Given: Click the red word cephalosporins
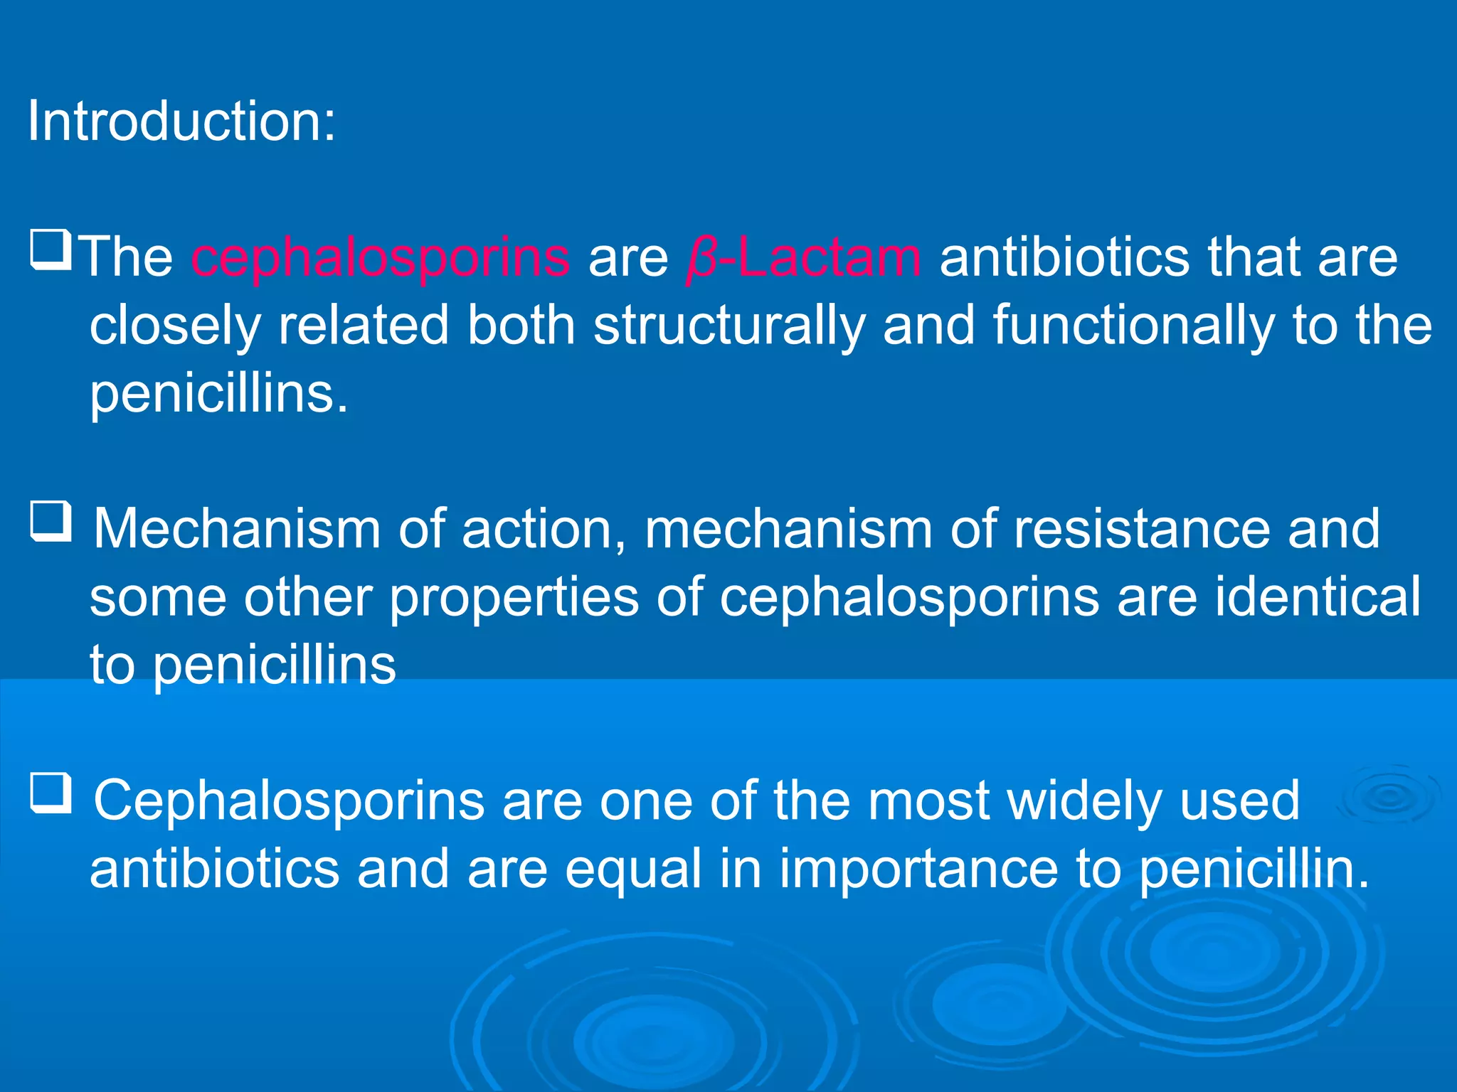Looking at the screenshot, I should [381, 257].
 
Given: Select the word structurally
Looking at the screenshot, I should [728, 326].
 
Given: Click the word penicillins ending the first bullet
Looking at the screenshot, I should [219, 393].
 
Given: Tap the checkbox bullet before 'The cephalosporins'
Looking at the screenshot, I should [51, 250].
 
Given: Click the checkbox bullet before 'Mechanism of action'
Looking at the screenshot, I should [51, 523].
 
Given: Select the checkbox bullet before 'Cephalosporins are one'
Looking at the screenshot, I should [51, 793].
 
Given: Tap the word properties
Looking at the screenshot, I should [514, 597].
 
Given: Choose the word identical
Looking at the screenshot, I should [1318, 597].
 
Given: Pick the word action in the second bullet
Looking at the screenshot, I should [545, 530].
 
